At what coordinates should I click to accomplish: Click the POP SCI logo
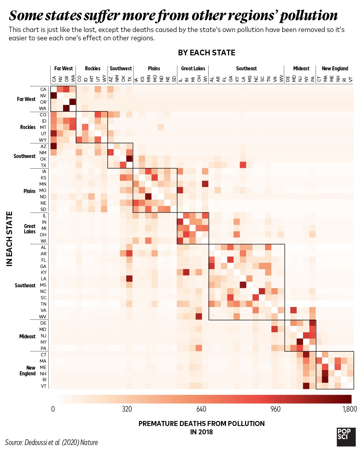coord(346,437)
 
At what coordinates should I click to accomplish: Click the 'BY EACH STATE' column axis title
coord(207,53)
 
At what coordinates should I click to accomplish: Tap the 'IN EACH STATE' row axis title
coord(9,239)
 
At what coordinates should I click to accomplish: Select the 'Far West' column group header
coord(63,68)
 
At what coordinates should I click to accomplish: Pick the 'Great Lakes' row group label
coord(30,229)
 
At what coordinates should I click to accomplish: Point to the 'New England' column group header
coord(335,68)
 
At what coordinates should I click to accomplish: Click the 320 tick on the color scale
coord(127,409)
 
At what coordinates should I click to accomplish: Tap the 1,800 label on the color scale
coord(349,409)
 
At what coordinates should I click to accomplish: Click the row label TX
coord(43,165)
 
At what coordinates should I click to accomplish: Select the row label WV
coord(43,317)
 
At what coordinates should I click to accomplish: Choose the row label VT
coord(43,386)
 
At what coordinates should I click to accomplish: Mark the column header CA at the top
coord(54,79)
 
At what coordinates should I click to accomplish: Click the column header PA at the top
coord(313,79)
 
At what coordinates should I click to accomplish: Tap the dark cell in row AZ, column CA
coord(54,146)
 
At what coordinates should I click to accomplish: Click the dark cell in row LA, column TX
coord(129,279)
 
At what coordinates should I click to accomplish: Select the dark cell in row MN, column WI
coord(205,184)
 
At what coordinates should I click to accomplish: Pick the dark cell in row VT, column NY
coord(306,386)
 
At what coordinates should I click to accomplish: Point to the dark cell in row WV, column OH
coord(199,316)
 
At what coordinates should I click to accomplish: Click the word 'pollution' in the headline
coord(308,16)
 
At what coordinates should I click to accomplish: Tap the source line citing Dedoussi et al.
coord(52,442)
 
